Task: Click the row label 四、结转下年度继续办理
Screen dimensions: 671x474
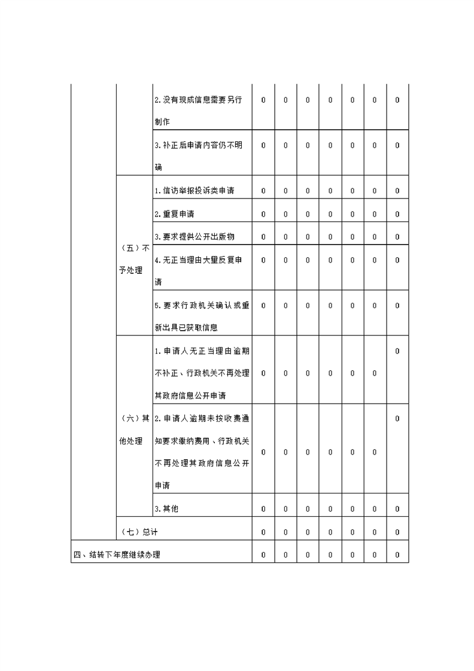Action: click(x=117, y=555)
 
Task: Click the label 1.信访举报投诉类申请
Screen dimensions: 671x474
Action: click(x=194, y=191)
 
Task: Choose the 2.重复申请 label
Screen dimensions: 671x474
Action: click(x=174, y=214)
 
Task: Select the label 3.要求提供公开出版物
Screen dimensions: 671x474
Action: click(x=194, y=237)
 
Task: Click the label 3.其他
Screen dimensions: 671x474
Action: click(x=166, y=509)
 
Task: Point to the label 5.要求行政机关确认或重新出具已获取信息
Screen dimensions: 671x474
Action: click(x=201, y=316)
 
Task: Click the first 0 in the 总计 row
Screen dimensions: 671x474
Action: click(x=263, y=532)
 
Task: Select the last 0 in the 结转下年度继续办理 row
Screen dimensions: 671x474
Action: click(x=397, y=555)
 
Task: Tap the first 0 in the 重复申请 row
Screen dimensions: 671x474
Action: click(x=263, y=214)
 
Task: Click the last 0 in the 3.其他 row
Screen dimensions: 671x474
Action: click(x=397, y=509)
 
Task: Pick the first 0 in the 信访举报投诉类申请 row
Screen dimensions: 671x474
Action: click(x=263, y=191)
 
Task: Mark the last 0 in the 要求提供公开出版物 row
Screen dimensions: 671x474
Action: click(x=397, y=237)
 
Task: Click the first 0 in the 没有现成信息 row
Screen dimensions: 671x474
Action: click(x=263, y=100)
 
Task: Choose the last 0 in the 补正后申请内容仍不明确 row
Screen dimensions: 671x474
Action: click(x=397, y=145)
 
